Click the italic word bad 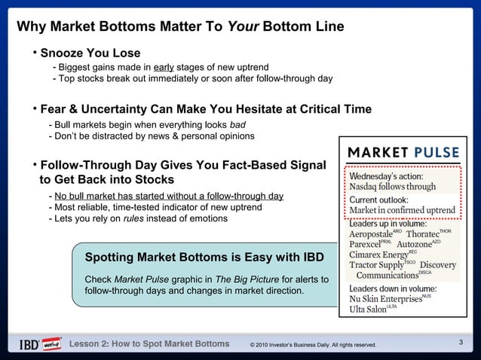tap(237, 124)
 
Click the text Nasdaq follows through tap(392, 186)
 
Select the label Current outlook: tap(378, 199)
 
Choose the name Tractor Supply tap(377, 265)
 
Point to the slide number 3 tap(461, 343)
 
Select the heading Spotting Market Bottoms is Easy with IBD tap(205, 258)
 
